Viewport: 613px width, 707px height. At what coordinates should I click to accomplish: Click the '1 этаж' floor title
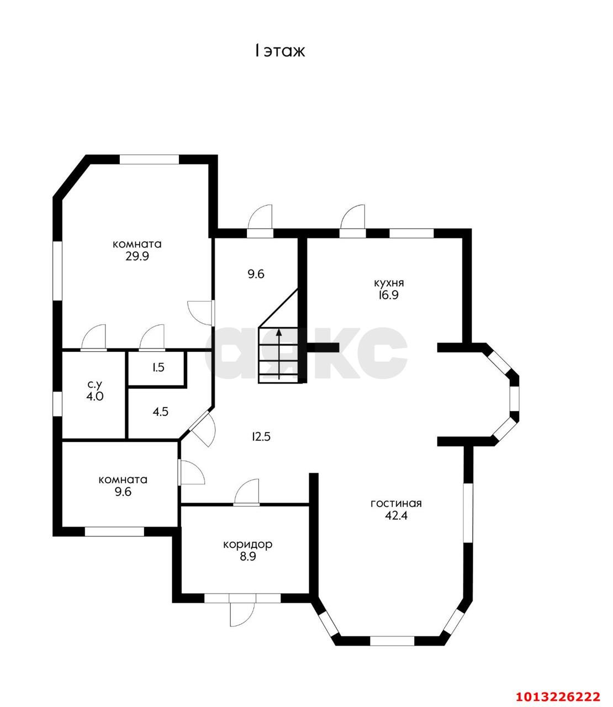pyautogui.click(x=279, y=51)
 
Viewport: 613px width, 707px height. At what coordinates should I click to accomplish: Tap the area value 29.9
pyautogui.click(x=137, y=256)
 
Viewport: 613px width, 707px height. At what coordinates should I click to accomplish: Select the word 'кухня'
pyautogui.click(x=389, y=283)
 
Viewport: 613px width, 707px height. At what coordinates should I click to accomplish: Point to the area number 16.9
pyautogui.click(x=388, y=295)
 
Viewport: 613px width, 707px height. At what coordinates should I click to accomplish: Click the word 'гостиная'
pyautogui.click(x=396, y=504)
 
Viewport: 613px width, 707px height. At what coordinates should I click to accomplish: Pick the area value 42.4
pyautogui.click(x=396, y=515)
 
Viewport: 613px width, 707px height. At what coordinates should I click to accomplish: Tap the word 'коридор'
pyautogui.click(x=247, y=544)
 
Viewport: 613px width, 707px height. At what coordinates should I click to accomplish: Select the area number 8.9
pyautogui.click(x=247, y=557)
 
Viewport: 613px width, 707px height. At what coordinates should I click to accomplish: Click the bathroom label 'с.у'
pyautogui.click(x=94, y=385)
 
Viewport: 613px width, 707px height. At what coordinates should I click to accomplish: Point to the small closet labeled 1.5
pyautogui.click(x=158, y=367)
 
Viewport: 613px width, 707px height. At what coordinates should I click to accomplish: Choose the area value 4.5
pyautogui.click(x=160, y=411)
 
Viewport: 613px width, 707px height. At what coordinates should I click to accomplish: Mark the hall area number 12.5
pyautogui.click(x=261, y=437)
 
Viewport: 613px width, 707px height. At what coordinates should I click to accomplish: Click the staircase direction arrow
pyautogui.click(x=279, y=354)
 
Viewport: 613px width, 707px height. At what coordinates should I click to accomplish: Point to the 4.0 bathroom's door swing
pyautogui.click(x=94, y=337)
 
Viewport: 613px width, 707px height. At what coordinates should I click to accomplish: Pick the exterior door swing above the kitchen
pyautogui.click(x=353, y=217)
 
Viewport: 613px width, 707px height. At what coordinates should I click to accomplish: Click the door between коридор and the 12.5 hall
pyautogui.click(x=246, y=492)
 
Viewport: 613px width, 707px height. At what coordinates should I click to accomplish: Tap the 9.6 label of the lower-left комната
pyautogui.click(x=123, y=492)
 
